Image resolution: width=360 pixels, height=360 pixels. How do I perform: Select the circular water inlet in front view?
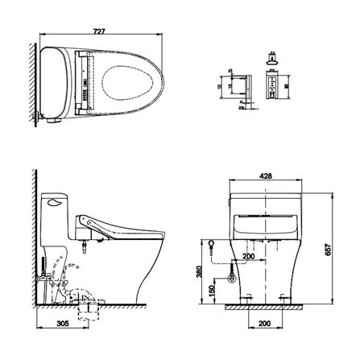click(x=232, y=279)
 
